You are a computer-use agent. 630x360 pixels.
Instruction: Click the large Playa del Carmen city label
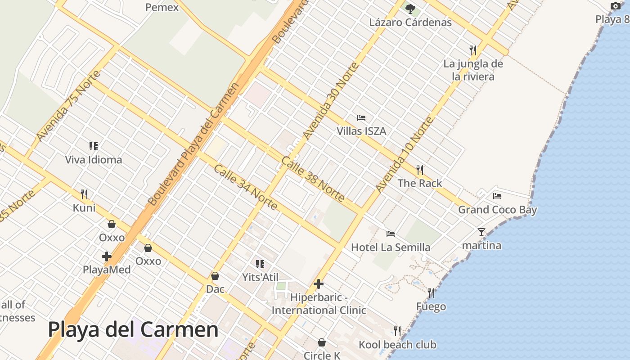pos(133,330)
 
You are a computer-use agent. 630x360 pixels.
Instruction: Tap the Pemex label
pos(162,7)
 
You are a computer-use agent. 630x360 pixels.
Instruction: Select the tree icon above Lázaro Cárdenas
pos(410,9)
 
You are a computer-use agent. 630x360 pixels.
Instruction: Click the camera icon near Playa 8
pos(615,6)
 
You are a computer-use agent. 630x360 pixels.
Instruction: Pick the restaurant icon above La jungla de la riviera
pos(472,49)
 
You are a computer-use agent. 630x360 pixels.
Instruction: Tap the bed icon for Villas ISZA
pos(361,118)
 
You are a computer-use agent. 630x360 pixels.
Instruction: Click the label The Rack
pos(420,183)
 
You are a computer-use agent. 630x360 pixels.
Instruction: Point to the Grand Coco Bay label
pos(497,210)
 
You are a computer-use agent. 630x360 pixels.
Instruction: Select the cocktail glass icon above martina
pos(481,232)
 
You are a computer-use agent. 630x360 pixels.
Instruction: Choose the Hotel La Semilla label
pos(391,247)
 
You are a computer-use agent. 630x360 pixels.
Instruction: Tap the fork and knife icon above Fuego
pos(431,293)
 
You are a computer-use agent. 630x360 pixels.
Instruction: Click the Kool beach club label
pos(397,345)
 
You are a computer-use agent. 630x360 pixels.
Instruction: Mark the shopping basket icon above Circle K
pos(322,342)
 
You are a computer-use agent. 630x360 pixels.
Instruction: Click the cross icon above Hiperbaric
pos(319,284)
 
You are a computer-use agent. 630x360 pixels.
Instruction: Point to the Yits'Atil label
pos(261,277)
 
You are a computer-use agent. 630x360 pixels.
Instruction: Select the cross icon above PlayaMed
pos(107,256)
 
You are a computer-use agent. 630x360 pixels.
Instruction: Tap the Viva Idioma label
pos(94,160)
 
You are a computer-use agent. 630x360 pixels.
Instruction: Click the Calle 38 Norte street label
pos(313,179)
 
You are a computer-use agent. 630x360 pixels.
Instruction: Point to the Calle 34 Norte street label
pos(245,187)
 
